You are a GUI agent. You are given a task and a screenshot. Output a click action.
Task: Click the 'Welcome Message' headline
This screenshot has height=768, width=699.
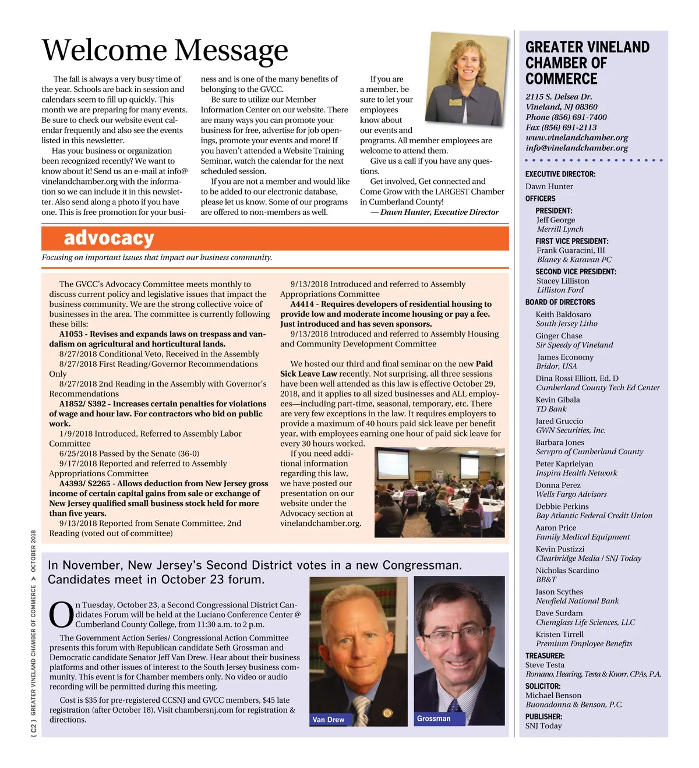tap(165, 51)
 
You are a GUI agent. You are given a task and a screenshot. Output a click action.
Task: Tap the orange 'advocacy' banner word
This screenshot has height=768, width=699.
tap(109, 238)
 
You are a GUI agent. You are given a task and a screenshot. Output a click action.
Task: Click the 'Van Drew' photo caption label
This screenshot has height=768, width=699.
tap(329, 720)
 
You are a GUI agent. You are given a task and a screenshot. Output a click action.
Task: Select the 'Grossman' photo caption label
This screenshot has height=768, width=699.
tap(434, 719)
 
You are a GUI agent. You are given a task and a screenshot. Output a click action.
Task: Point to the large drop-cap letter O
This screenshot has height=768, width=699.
tap(61, 615)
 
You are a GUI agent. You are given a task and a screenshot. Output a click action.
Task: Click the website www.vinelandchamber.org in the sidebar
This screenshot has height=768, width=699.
tap(577, 138)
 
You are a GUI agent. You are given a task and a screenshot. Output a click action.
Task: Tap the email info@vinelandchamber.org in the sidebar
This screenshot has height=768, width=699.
tap(577, 148)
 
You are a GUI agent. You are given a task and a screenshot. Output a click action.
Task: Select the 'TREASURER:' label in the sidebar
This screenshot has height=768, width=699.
tap(545, 656)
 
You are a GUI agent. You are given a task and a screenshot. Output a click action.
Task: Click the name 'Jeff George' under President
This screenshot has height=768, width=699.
tap(556, 220)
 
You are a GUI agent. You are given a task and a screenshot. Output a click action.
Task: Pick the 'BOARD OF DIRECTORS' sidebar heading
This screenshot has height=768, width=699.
tap(560, 302)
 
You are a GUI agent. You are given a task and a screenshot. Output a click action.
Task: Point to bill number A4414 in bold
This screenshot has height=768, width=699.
tap(302, 304)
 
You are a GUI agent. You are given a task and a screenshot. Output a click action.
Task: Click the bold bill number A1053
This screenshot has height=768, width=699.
tap(71, 334)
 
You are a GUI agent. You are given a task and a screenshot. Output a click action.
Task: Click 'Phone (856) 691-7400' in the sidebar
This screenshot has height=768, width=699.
tap(566, 117)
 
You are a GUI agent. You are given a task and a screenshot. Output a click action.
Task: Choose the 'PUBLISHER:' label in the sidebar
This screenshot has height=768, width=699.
tap(543, 717)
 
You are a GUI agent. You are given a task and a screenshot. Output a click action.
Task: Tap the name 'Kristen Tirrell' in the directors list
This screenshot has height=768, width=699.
tap(559, 634)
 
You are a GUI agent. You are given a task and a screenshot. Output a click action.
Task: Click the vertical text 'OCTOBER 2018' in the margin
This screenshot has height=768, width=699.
tap(34, 551)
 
